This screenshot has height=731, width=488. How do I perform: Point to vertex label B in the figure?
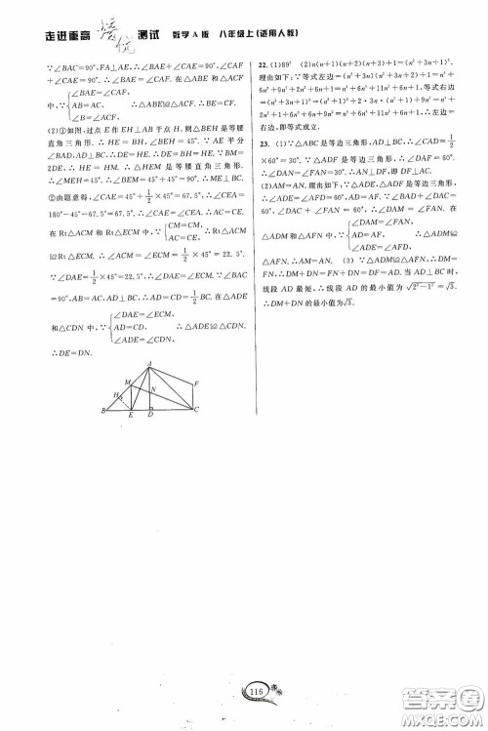[102, 411]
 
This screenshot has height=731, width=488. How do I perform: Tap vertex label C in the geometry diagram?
[198, 410]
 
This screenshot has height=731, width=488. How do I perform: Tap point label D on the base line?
[149, 415]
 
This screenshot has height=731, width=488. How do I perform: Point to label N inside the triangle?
[154, 389]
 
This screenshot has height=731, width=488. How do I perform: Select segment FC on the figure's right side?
[192, 395]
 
